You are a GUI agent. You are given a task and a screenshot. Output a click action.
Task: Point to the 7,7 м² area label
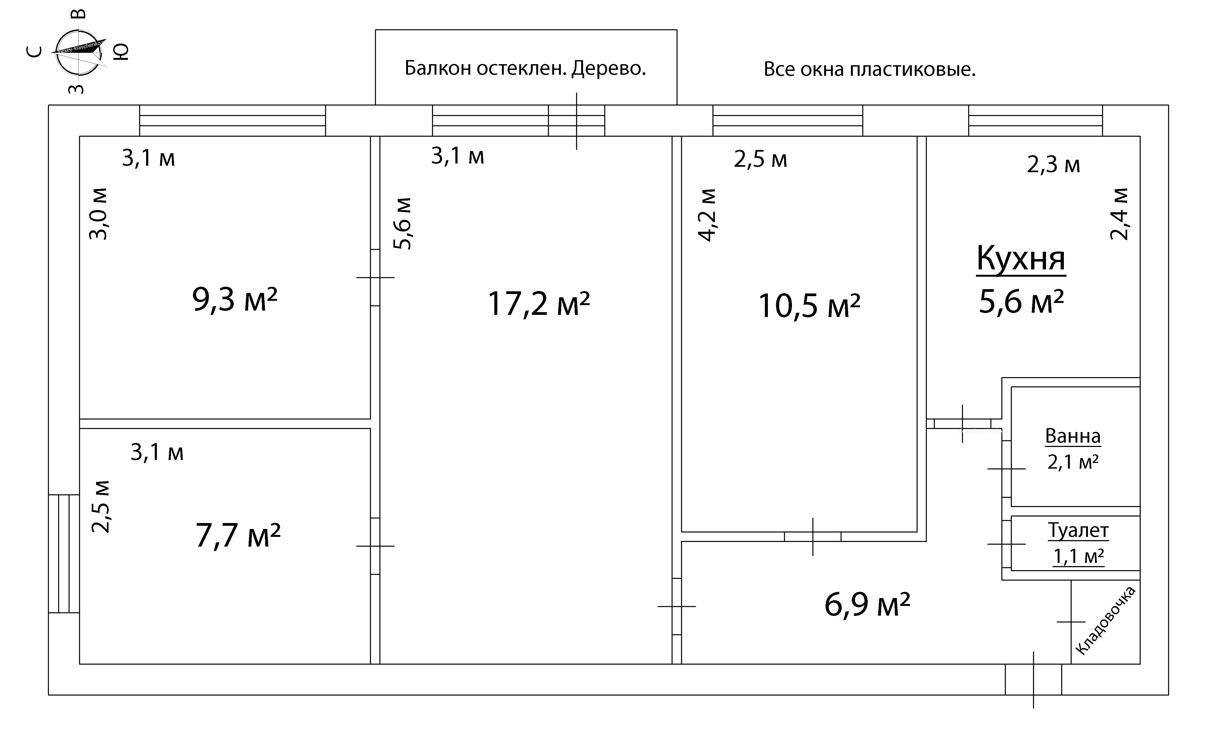238,535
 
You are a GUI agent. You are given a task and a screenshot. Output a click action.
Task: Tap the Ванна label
1073,436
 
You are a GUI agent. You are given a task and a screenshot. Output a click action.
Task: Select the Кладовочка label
1105,621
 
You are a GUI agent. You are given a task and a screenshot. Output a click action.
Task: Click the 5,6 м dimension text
403,223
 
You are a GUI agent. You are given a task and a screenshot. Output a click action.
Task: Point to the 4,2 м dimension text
707,215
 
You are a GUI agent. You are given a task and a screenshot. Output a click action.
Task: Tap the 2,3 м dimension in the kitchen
1054,165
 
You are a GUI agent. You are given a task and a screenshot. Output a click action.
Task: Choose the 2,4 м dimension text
1119,214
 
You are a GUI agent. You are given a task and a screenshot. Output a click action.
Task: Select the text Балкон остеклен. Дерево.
525,69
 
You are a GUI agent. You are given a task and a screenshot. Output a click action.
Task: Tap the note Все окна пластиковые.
870,70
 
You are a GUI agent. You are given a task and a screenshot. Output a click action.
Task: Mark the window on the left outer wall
64,554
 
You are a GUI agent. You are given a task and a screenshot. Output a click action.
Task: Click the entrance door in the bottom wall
1033,680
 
